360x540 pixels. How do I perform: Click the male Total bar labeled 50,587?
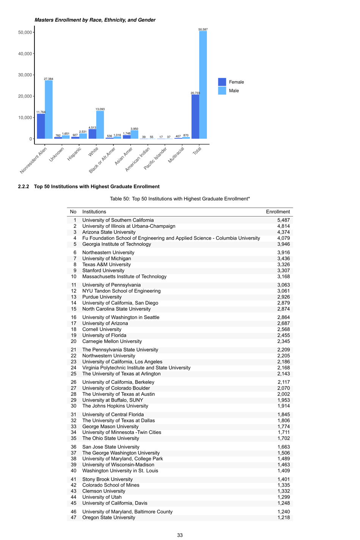(203, 85)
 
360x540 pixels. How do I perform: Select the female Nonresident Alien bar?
(41, 126)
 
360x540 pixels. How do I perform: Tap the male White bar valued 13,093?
(100, 125)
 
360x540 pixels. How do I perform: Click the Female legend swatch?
(222, 82)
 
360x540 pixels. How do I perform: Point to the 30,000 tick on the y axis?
(25, 75)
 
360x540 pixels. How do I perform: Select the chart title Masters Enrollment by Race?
(95, 20)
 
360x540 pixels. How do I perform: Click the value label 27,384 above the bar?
(49, 79)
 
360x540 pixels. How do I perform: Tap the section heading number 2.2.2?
(23, 186)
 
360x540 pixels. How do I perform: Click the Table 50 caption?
(180, 199)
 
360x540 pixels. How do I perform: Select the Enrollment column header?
(278, 212)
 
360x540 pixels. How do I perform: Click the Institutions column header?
(94, 212)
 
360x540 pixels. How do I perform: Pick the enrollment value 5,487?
(283, 220)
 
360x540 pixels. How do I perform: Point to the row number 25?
(74, 374)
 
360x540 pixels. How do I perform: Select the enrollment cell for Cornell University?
(283, 329)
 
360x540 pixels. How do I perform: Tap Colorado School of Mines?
(111, 485)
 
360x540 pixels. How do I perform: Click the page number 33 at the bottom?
(180, 535)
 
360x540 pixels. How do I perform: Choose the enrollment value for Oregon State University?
(283, 518)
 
